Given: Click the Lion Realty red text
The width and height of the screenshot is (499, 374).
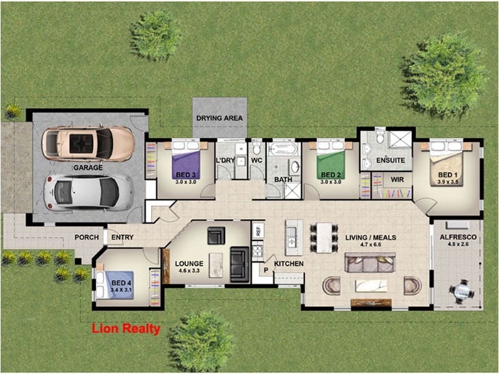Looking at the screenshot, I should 126,329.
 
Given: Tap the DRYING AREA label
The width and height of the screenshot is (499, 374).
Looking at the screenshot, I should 219,118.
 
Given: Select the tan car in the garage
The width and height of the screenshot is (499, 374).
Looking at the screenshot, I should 87,143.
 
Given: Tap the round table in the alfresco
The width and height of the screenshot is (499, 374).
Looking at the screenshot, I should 462,290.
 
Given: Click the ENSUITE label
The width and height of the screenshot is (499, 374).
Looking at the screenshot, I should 390,160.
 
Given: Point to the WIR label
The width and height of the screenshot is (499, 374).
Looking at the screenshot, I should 397,180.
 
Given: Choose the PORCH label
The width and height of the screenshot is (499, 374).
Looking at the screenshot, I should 87,237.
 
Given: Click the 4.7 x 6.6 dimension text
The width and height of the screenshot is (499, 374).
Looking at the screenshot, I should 371,245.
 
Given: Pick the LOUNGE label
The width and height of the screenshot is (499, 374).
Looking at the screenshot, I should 189,264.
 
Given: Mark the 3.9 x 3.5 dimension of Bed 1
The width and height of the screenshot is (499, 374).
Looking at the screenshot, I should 447,182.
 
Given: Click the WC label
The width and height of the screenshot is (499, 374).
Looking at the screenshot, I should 256,161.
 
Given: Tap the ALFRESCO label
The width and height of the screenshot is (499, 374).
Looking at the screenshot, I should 458,237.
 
